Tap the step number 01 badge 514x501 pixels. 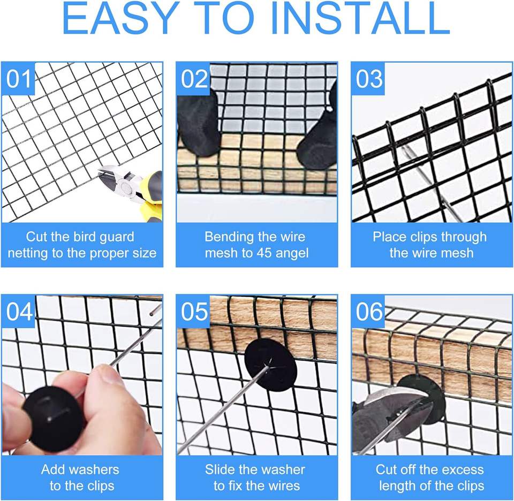[x=18, y=79]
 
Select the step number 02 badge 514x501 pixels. [x=193, y=79]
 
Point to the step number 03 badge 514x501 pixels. [x=368, y=79]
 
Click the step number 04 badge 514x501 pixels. [x=18, y=312]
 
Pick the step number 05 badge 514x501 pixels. [x=193, y=312]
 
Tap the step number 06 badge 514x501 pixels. [x=368, y=312]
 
